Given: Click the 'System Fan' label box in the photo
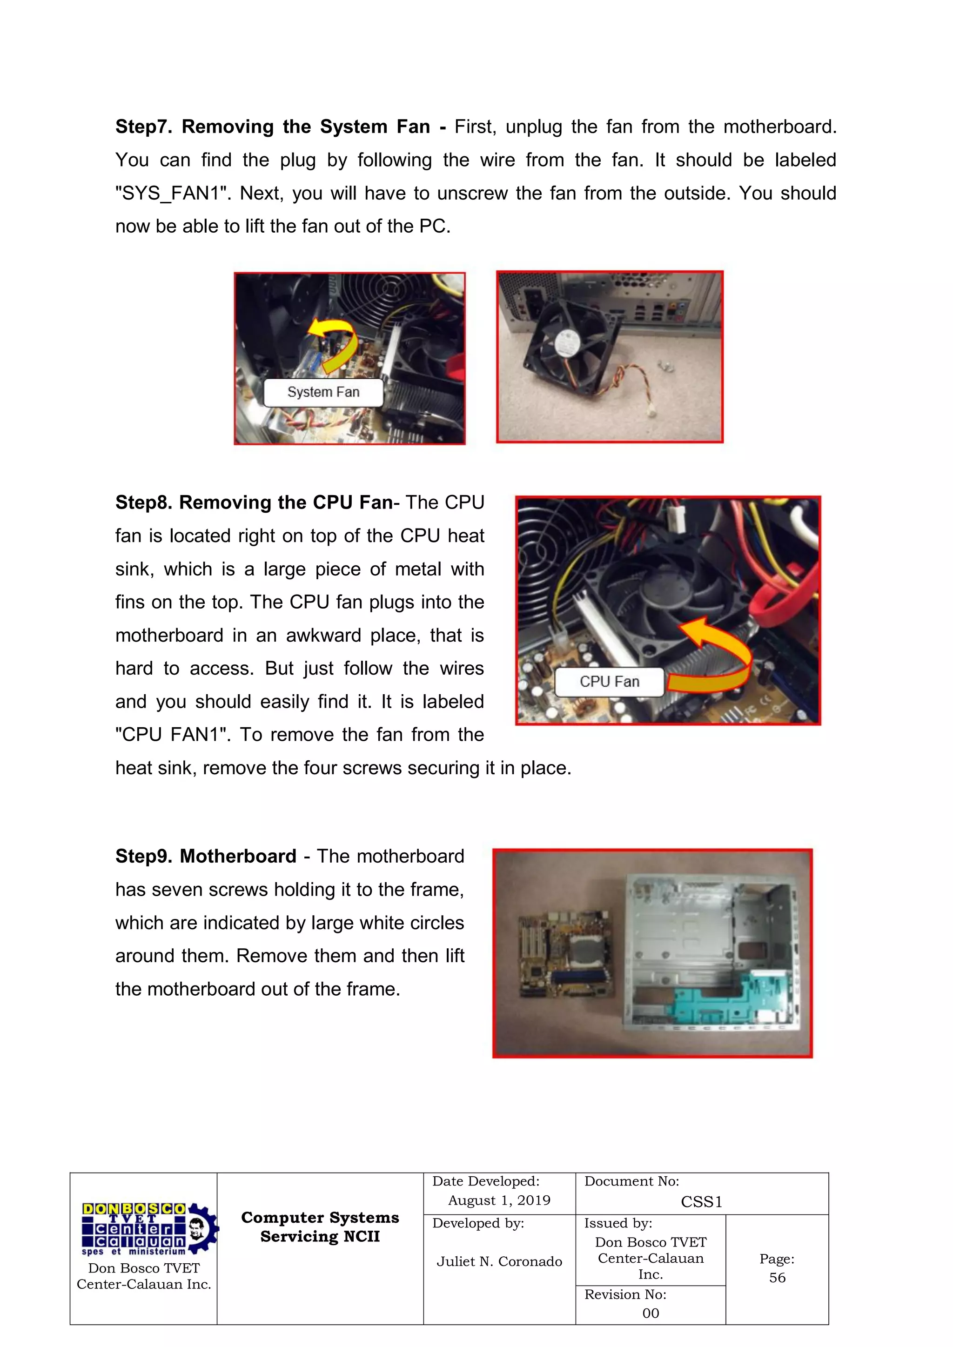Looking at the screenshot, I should click(323, 393).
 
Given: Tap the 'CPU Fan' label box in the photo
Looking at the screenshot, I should click(609, 682).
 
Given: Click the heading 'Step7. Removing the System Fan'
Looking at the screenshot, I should click(272, 127).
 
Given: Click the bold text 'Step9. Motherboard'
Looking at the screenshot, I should click(205, 857).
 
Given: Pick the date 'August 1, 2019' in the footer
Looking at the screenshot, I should click(499, 1200).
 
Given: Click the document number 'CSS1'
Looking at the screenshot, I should click(701, 1202).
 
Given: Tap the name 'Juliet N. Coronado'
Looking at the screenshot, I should click(499, 1261).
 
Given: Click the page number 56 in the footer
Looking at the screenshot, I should click(777, 1278).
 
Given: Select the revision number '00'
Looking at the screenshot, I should click(650, 1313).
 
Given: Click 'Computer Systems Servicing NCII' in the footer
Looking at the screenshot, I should click(320, 1227).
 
